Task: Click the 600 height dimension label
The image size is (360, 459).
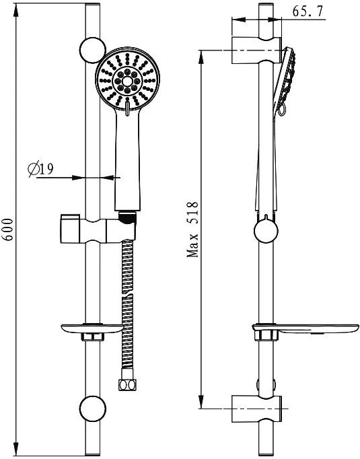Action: (x=9, y=229)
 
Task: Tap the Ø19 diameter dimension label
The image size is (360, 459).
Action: (x=40, y=169)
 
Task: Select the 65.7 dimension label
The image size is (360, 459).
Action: (x=308, y=11)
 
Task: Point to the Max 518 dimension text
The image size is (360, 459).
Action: (x=193, y=229)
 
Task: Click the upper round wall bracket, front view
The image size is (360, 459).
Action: (x=92, y=50)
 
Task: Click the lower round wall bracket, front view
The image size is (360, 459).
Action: (x=92, y=409)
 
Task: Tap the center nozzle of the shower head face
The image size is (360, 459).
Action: (x=127, y=81)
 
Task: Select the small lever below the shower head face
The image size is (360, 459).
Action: (x=128, y=108)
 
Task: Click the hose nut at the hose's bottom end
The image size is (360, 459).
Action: (x=127, y=384)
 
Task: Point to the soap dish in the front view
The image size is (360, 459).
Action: (x=92, y=329)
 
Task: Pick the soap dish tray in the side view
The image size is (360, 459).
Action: (x=306, y=329)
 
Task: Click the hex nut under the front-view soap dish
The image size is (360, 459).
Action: (x=92, y=337)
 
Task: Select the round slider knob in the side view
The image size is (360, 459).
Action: (x=266, y=231)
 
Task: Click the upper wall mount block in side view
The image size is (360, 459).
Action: (x=256, y=50)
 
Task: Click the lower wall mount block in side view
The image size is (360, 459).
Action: (x=256, y=409)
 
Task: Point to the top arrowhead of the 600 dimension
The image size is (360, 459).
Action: (x=16, y=10)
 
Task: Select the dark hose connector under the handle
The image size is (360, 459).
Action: (x=127, y=218)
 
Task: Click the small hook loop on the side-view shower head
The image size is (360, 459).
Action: (x=281, y=110)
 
